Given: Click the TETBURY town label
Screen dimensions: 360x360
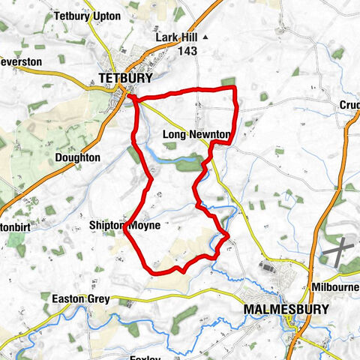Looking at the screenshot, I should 125,77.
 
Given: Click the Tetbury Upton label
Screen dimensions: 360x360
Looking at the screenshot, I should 86,16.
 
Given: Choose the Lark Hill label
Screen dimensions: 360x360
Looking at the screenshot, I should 175,37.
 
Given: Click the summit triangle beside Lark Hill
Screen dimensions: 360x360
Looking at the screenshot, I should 205,37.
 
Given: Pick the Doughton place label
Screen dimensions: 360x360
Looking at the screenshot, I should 77,158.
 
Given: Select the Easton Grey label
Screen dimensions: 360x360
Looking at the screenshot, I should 80,299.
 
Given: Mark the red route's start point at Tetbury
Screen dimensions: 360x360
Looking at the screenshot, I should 130,96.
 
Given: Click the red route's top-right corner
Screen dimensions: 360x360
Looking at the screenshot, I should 235,88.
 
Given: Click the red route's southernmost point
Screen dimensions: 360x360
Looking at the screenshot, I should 160,274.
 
